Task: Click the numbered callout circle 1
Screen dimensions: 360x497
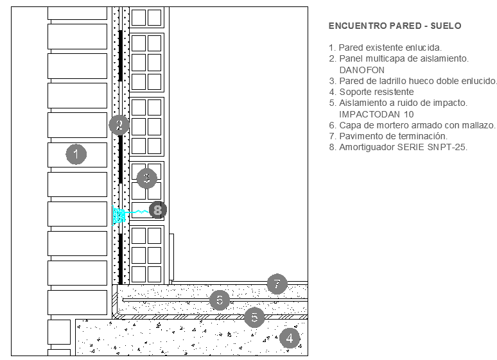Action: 76,153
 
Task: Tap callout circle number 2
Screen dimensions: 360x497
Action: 119,124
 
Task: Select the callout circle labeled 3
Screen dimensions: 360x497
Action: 147,178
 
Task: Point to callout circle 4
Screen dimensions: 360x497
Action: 290,338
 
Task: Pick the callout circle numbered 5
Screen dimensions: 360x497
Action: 254,317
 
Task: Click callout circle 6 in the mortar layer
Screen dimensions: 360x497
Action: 220,300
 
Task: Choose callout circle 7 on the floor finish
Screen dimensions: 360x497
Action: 277,284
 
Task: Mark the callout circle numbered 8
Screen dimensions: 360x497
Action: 158,209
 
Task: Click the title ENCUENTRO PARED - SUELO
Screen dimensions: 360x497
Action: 394,26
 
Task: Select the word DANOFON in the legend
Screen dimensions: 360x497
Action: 361,69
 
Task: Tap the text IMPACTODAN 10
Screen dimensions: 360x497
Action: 371,114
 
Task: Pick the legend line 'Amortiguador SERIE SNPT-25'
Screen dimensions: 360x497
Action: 397,147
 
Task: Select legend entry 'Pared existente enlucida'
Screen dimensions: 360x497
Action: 385,47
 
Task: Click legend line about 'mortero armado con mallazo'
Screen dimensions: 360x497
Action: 412,125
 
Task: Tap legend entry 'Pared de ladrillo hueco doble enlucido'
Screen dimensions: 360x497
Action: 413,81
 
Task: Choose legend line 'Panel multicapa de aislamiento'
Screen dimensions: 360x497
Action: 398,58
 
